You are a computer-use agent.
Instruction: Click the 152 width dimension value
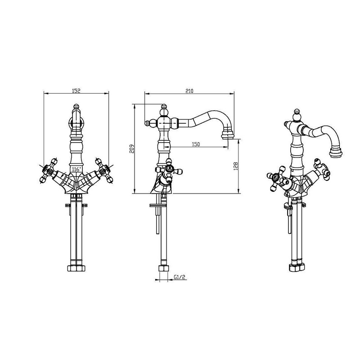tap(76, 91)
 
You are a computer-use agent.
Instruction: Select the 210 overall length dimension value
tap(189, 91)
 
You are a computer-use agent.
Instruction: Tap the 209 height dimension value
tap(131, 149)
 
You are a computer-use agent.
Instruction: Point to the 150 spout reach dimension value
tap(196, 144)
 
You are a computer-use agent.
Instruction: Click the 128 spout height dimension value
tap(236, 166)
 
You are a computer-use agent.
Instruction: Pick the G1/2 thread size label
tap(179, 277)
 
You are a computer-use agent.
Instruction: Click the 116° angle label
tap(76, 170)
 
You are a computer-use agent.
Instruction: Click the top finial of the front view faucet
tap(76, 107)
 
